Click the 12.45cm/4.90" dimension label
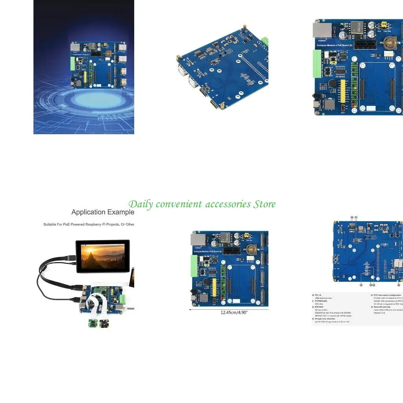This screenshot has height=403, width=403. tap(228, 313)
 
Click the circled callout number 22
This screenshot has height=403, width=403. tap(361, 285)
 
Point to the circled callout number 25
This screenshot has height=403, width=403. tap(398, 285)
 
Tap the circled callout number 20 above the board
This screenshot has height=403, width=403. tap(352, 217)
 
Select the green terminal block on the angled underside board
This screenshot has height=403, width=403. tap(265, 41)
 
